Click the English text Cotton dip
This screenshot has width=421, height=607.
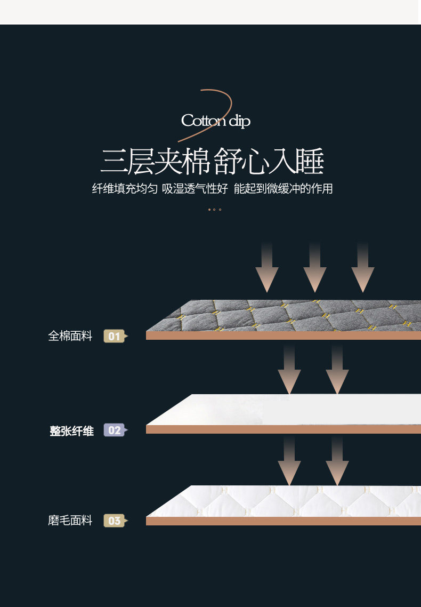[215, 121]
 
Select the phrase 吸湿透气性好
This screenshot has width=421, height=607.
[195, 189]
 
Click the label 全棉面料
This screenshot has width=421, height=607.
[70, 336]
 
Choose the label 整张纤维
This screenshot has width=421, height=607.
[71, 431]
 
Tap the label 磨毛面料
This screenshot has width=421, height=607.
[70, 521]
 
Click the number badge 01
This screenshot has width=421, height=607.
[115, 336]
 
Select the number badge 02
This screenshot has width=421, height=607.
[115, 430]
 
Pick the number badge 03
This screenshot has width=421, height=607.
[115, 521]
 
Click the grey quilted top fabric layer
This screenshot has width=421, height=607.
[288, 316]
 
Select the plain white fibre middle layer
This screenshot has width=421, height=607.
[288, 410]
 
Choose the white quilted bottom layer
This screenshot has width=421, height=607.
[288, 501]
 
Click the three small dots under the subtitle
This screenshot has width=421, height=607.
[214, 210]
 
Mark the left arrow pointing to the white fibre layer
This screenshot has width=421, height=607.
[289, 369]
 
